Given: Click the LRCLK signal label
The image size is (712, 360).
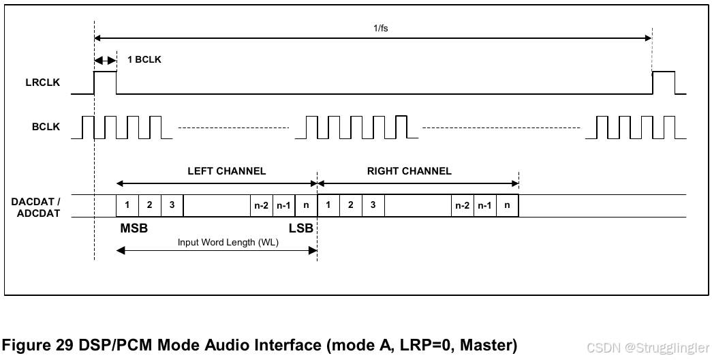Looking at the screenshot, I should click(x=42, y=82).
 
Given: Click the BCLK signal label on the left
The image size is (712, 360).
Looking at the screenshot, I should click(x=46, y=127).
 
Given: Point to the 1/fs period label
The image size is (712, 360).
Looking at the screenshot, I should click(x=381, y=29).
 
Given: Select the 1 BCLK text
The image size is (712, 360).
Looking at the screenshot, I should click(x=144, y=59).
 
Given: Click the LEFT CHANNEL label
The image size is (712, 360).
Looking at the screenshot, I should click(x=226, y=171).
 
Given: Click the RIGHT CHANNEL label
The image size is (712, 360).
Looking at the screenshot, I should click(x=409, y=171).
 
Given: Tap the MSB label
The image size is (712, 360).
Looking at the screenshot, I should click(x=134, y=228).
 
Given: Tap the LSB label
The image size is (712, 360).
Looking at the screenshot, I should click(x=300, y=228).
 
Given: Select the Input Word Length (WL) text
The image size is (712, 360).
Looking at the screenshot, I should click(x=228, y=243).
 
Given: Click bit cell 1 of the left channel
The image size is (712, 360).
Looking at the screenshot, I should click(x=127, y=205).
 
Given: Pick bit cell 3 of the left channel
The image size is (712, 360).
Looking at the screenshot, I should click(x=172, y=205).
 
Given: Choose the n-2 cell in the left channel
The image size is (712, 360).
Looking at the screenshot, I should click(x=261, y=205).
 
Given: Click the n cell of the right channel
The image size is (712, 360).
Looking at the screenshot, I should click(x=507, y=205).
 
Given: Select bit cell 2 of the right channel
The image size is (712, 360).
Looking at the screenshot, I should click(x=350, y=205).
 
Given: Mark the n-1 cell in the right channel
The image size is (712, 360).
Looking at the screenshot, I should click(x=484, y=205).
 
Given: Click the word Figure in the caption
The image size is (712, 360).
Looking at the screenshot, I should click(x=28, y=345).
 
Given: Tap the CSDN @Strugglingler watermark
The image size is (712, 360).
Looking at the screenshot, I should click(x=648, y=347).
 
